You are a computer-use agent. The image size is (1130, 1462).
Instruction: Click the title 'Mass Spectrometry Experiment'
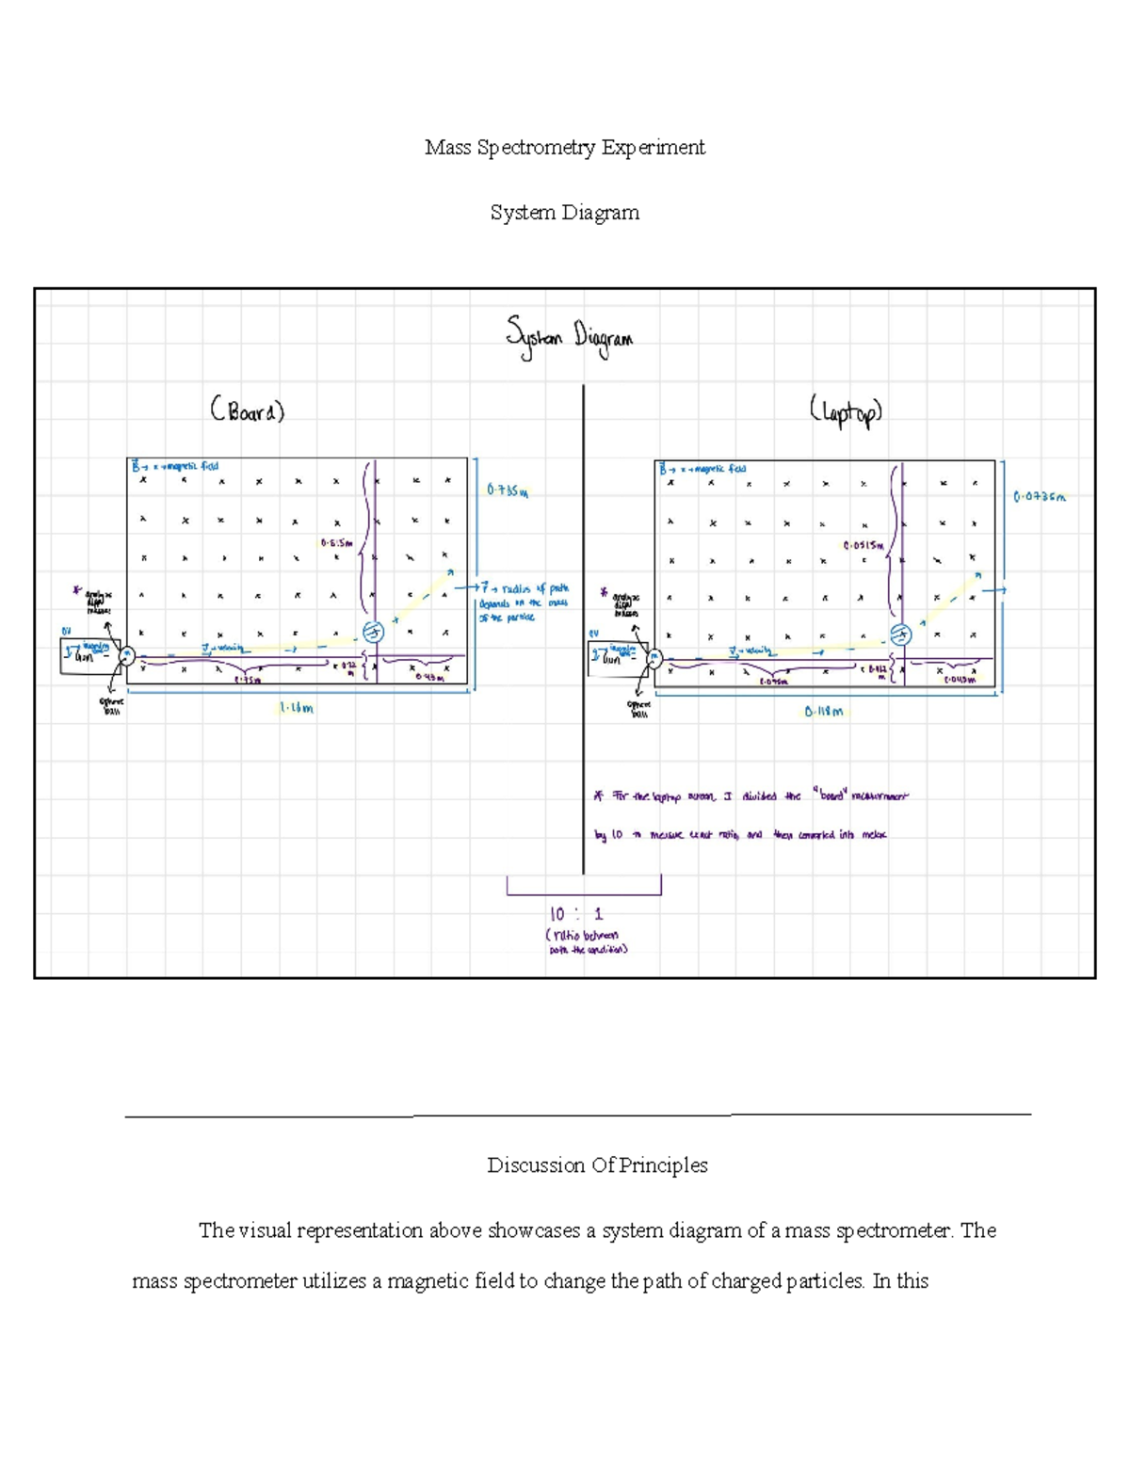click(564, 148)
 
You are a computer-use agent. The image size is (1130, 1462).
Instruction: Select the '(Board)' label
click(247, 411)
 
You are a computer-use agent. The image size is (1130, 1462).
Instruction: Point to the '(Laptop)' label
click(845, 412)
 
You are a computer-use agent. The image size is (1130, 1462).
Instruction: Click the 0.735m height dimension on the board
click(508, 490)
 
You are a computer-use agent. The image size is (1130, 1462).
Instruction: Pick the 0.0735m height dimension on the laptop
click(1039, 496)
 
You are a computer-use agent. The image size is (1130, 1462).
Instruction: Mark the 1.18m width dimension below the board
click(297, 708)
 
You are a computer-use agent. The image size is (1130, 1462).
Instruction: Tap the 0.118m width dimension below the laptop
click(824, 712)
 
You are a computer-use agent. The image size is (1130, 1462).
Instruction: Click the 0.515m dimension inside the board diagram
click(336, 542)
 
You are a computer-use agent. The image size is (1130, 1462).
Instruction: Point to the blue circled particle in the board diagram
click(373, 633)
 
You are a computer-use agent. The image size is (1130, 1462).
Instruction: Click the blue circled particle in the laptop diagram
click(900, 635)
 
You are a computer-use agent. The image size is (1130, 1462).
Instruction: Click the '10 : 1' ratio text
click(576, 914)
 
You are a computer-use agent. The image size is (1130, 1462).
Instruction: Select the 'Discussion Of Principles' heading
click(597, 1165)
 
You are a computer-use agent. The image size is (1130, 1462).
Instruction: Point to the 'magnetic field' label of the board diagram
click(176, 466)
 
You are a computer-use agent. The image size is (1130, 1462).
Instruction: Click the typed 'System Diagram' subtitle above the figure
click(564, 213)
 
